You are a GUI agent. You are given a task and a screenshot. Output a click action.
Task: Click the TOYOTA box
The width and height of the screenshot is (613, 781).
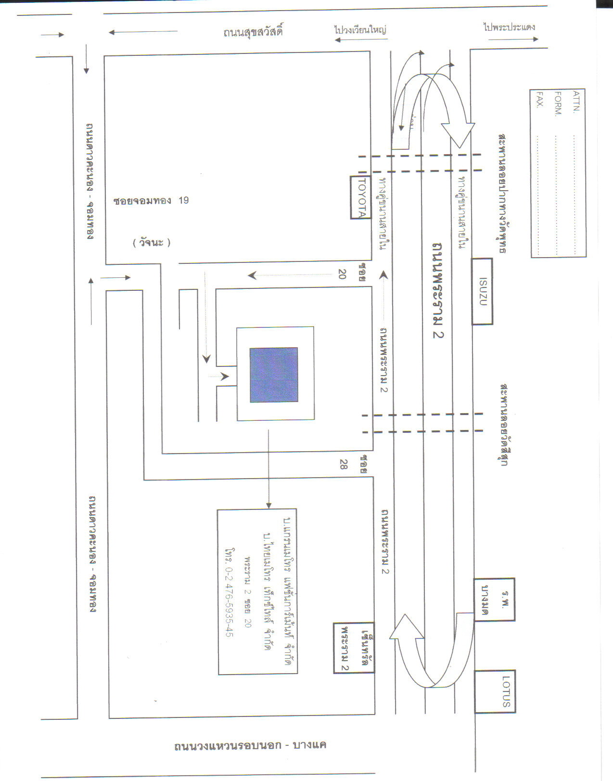click(x=360, y=197)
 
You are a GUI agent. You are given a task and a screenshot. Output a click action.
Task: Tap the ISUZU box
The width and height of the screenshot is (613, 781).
click(x=482, y=291)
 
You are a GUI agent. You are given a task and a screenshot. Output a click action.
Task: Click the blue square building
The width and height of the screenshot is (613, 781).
click(x=274, y=375)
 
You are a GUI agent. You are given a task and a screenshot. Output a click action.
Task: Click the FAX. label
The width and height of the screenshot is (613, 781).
click(x=540, y=99)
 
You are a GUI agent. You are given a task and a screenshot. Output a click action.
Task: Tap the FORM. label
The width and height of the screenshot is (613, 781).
click(x=558, y=104)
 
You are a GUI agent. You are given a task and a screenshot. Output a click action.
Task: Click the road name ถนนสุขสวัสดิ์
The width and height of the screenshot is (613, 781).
click(x=253, y=32)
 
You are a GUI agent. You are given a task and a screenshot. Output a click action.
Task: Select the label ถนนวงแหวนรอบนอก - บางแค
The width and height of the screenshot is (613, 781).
click(x=250, y=745)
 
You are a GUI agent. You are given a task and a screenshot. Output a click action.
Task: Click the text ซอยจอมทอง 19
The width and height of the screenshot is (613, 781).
click(x=151, y=200)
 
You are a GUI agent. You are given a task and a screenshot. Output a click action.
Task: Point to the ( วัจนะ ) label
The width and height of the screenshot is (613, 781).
click(x=152, y=243)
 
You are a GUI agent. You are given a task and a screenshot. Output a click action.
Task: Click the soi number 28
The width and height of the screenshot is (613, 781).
click(x=343, y=464)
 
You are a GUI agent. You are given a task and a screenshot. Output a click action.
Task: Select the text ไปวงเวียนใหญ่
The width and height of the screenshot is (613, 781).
click(x=361, y=29)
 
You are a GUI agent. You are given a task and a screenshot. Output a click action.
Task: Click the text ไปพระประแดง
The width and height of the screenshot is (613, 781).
click(x=510, y=27)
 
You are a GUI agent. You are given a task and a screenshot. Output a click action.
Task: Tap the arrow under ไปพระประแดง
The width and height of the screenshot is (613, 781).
click(x=513, y=39)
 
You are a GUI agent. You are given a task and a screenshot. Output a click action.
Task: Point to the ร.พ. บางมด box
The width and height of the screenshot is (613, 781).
click(x=494, y=599)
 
